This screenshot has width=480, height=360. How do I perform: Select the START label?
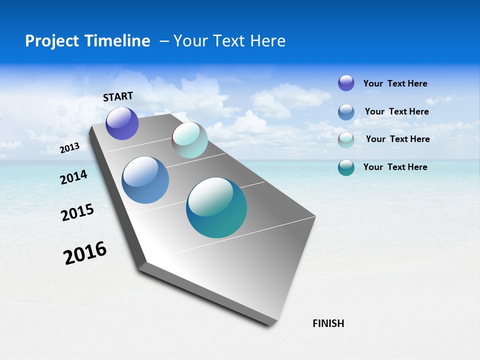click(x=118, y=96)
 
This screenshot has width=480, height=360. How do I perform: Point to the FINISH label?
click(x=328, y=323)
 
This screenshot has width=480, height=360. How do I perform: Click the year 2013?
click(x=70, y=148)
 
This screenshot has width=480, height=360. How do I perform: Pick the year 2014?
click(x=74, y=177)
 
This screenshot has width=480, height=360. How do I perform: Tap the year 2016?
click(x=85, y=253)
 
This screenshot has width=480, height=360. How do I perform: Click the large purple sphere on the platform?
click(x=122, y=123)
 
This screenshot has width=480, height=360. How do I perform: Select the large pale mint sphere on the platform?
click(x=189, y=140)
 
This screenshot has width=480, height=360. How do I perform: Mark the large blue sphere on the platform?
click(x=145, y=180)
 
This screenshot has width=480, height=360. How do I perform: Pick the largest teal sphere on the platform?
click(x=216, y=207)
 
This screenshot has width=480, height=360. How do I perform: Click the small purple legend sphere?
click(x=346, y=83)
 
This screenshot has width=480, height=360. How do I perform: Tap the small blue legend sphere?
click(x=346, y=112)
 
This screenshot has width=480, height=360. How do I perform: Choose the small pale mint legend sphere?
click(x=346, y=140)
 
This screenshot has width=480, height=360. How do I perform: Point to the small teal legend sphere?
click(x=346, y=167)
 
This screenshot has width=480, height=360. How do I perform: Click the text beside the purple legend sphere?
click(x=395, y=83)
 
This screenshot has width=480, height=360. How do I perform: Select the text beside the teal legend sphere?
click(x=395, y=167)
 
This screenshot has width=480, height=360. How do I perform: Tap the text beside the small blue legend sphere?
click(x=397, y=111)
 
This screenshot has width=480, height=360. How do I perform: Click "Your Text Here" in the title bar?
click(x=229, y=41)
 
